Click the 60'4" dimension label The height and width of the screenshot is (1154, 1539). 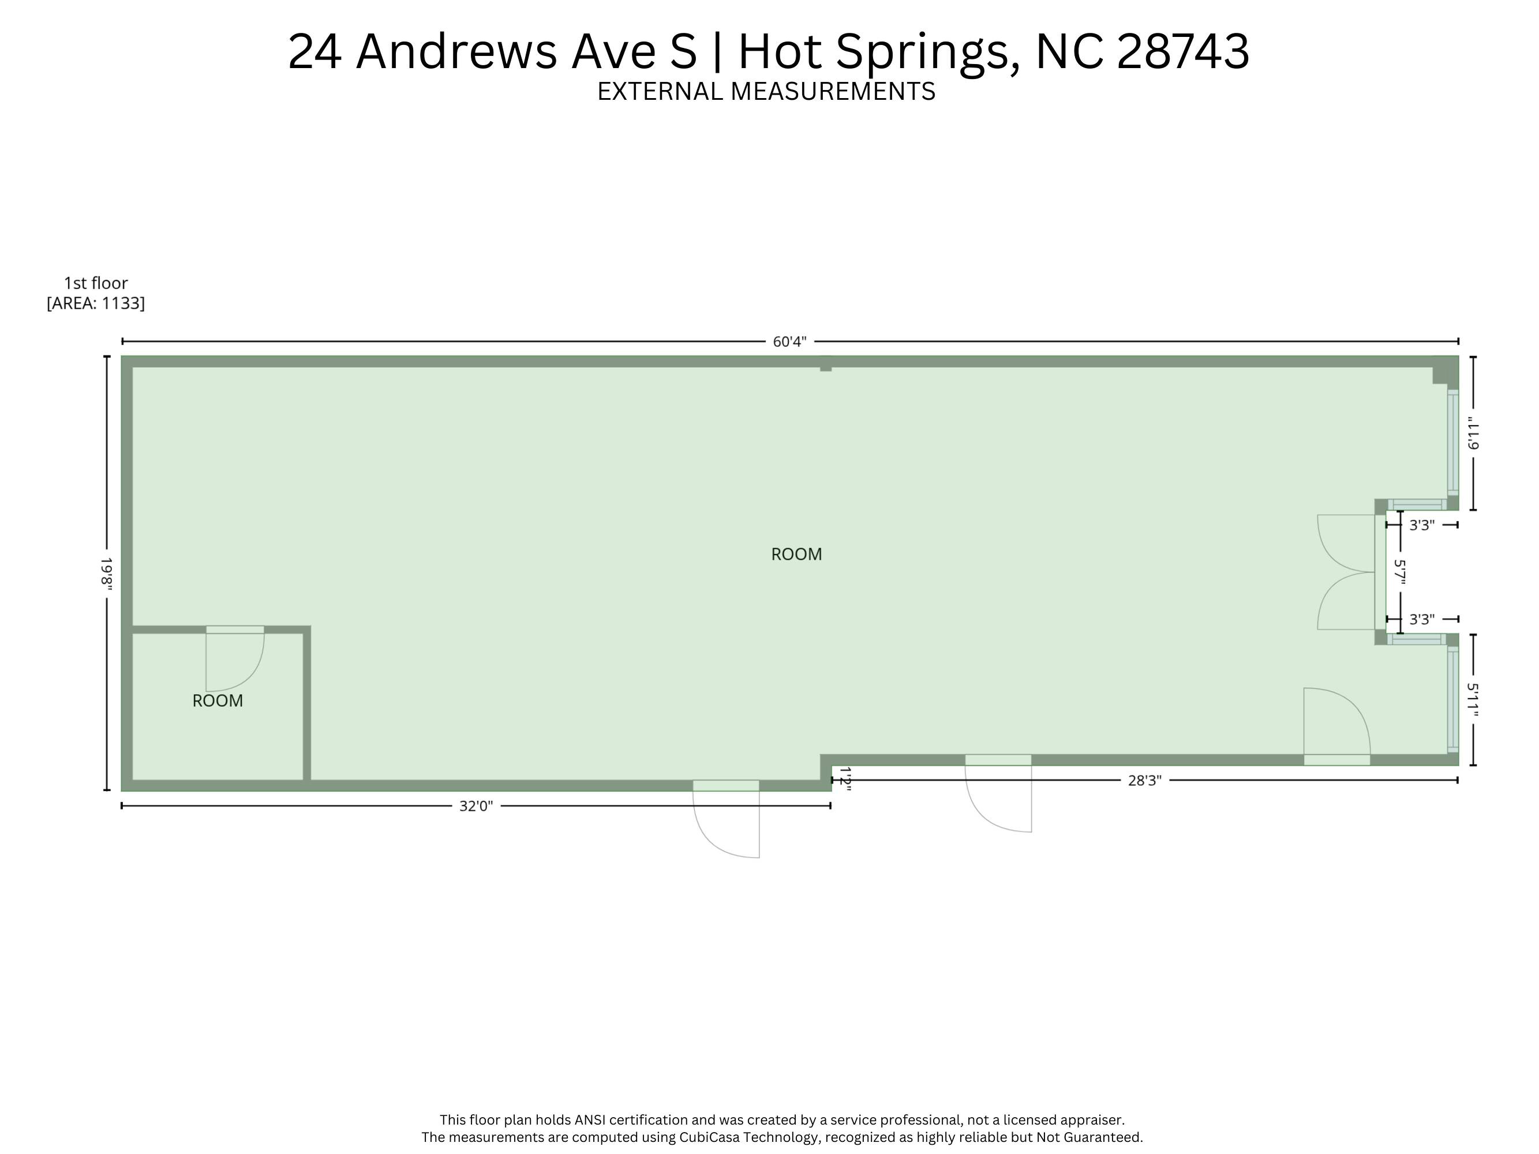(789, 342)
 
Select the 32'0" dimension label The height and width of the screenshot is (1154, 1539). (476, 806)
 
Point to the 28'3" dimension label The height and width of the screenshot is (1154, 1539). (1144, 781)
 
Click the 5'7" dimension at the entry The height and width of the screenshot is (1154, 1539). (1400, 572)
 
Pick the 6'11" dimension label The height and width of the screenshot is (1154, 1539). (1473, 433)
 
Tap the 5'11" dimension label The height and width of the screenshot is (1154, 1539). (1473, 699)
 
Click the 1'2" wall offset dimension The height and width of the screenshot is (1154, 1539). (845, 777)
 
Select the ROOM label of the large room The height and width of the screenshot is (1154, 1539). (797, 554)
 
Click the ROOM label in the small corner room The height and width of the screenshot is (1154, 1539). (218, 701)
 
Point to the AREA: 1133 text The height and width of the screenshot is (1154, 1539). (96, 304)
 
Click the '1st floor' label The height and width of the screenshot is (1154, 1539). (96, 283)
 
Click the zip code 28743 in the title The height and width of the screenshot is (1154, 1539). (1183, 51)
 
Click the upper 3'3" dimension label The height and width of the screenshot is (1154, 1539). (1421, 525)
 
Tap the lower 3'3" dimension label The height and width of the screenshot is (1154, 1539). (1421, 619)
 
